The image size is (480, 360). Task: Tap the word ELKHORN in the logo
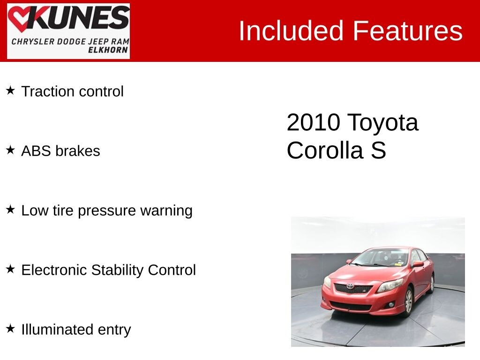point(108,50)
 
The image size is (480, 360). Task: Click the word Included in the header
point(292,31)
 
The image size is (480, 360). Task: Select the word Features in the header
point(407,31)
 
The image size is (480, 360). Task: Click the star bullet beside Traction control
point(10,90)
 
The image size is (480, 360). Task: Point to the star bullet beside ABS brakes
point(10,150)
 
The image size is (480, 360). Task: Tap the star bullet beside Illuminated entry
point(10,328)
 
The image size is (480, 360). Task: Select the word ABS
point(36,151)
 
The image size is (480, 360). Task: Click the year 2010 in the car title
point(313,123)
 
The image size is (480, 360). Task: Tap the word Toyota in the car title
point(382,123)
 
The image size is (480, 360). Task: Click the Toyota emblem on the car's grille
point(350,286)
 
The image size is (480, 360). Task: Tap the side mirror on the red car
point(417,264)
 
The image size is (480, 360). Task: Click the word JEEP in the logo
point(94,41)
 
